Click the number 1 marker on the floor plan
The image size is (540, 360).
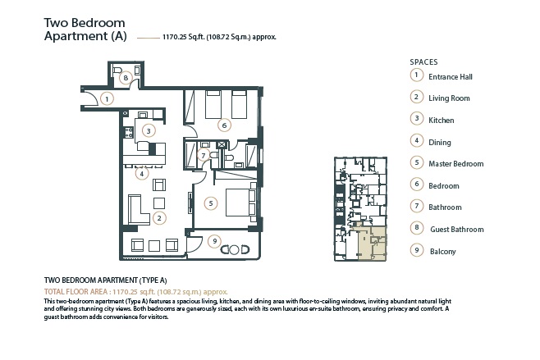107,99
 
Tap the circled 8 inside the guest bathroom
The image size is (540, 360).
126,78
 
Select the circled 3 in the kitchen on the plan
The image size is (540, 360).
148,130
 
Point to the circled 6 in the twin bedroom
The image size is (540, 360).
223,125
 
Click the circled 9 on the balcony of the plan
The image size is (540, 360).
214,240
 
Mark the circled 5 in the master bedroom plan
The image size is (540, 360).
211,202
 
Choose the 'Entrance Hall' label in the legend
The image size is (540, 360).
450,77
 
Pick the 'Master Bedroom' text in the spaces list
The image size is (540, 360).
455,164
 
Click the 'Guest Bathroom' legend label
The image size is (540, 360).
456,230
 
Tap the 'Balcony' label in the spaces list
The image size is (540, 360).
444,252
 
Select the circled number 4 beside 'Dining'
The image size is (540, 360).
417,142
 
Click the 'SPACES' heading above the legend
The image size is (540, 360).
423,62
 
